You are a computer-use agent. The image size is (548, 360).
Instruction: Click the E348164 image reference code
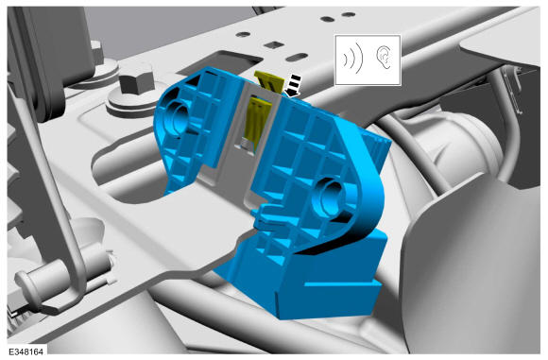click(26, 351)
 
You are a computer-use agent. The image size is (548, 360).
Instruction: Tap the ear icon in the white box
click(384, 57)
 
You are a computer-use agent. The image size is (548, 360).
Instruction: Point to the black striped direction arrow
click(292, 86)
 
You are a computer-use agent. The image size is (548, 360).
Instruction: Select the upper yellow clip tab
click(269, 80)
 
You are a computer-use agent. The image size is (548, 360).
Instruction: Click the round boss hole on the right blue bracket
click(331, 195)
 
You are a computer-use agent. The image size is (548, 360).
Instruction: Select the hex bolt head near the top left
click(137, 82)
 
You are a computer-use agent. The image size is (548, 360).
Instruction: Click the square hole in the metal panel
click(274, 44)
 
